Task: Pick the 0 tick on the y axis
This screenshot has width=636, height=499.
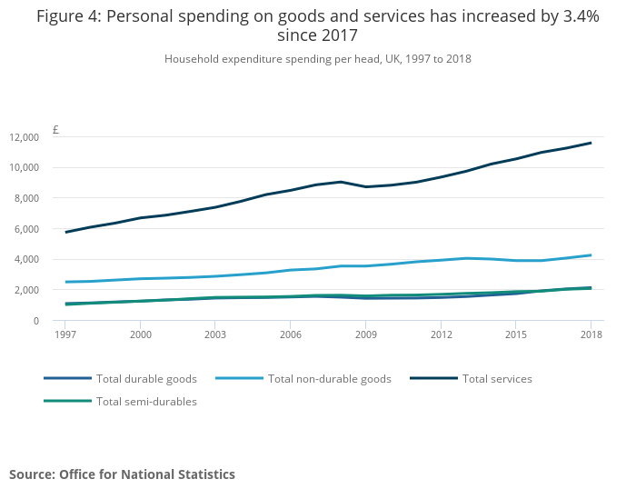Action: click(35, 321)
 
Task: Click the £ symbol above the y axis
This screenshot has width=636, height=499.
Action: click(55, 130)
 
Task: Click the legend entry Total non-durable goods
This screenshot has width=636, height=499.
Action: click(329, 378)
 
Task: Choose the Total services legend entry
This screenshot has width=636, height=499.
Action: click(497, 378)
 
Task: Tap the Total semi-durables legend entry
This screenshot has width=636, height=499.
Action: click(146, 401)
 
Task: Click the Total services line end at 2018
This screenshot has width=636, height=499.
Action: click(591, 143)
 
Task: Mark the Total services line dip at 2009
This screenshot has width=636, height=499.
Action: click(365, 187)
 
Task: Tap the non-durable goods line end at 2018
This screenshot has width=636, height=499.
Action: click(591, 255)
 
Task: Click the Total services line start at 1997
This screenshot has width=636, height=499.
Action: click(65, 232)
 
